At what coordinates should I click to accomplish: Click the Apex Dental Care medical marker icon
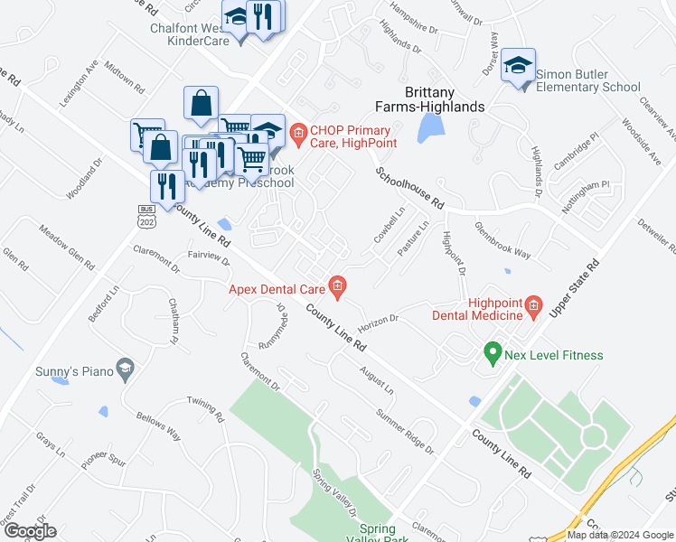337,289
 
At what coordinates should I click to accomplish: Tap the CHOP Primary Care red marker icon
298,136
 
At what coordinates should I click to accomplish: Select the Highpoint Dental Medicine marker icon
533,308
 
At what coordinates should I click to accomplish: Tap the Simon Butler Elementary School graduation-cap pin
519,66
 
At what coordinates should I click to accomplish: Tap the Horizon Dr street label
378,321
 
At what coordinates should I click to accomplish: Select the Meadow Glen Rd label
67,247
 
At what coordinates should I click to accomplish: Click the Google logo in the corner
30,531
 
